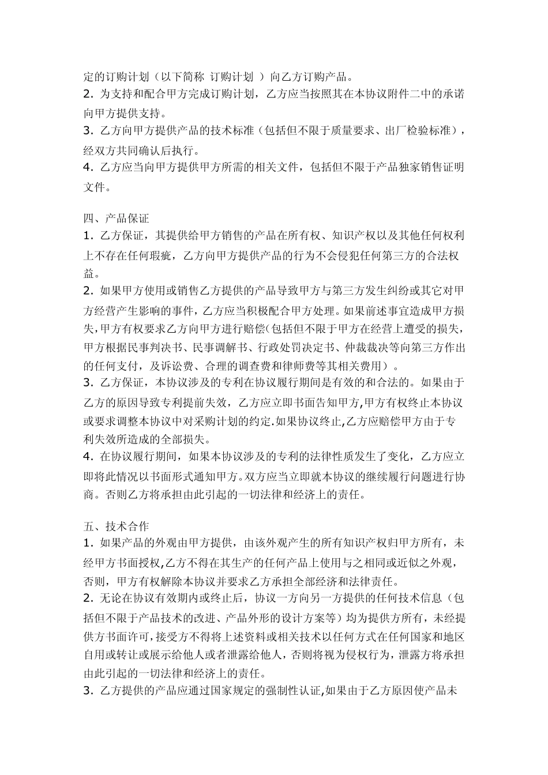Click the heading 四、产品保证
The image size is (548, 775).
point(116,219)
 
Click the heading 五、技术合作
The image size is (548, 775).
point(116,526)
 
